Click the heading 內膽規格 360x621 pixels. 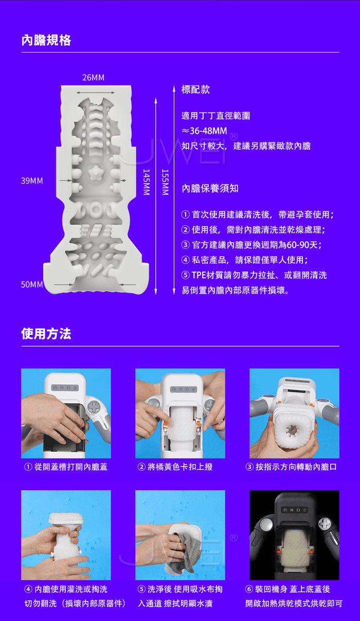coord(46,41)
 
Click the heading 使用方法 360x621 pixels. coord(46,334)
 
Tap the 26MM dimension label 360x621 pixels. coord(94,78)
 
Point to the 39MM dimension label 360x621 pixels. coord(32,181)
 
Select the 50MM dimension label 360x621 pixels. coord(32,285)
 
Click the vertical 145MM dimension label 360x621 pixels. coord(147,182)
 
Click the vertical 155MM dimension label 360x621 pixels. coord(165,182)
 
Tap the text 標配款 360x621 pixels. coord(195,90)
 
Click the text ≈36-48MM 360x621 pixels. coord(204,131)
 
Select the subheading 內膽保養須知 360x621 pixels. coord(210,188)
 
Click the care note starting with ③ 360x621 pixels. coord(251,245)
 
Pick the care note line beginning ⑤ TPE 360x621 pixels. coord(255,275)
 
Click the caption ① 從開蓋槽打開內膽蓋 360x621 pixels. coord(66,467)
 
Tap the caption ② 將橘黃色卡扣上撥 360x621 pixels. coord(175,467)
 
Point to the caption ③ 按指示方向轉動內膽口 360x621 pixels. coord(291,467)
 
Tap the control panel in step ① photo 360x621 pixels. coord(65,387)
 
